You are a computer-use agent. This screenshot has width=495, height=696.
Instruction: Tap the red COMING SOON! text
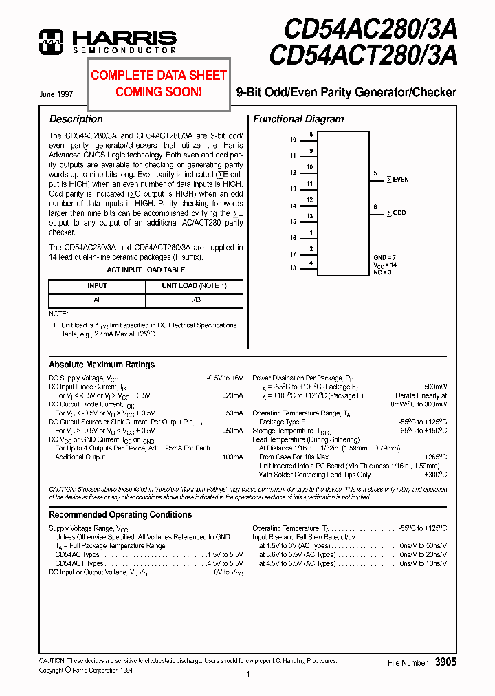159,91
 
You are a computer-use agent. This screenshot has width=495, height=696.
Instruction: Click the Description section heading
76,119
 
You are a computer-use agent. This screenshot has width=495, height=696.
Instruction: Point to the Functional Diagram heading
298,119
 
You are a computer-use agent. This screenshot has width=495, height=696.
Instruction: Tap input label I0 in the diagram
293,140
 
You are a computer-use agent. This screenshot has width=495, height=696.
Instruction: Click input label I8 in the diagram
293,268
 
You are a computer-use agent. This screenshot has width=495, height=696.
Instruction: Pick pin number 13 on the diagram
310,217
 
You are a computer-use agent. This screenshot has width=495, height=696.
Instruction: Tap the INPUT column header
97,285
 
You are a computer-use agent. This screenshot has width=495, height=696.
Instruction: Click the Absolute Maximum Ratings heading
102,365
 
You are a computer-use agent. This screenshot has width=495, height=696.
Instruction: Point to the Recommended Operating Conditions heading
120,514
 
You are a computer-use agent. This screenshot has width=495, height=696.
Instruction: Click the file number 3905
445,662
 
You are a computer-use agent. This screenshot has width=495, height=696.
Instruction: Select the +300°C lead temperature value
435,475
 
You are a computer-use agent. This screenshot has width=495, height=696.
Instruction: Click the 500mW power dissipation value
436,387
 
